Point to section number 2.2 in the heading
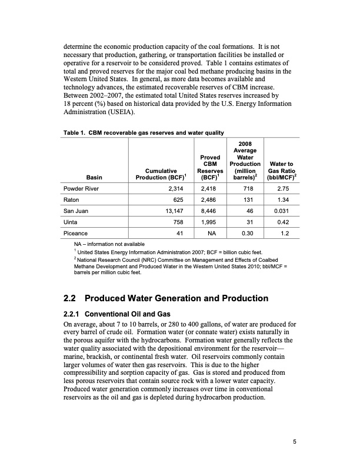point(71,298)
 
